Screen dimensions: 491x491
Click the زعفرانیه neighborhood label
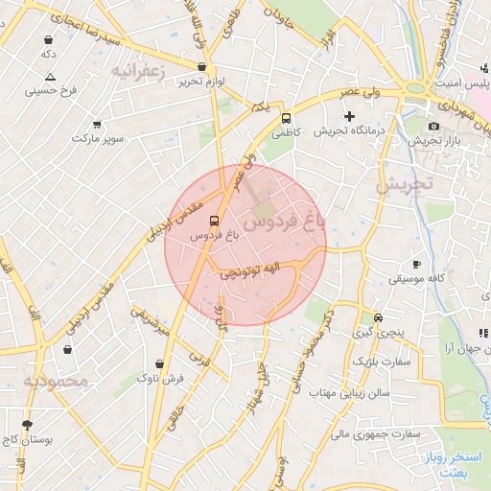point(139,71)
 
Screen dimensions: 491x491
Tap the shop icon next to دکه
point(48,40)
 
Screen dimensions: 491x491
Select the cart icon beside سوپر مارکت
point(97,125)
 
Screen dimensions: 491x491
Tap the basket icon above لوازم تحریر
point(201,67)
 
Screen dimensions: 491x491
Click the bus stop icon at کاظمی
point(286,118)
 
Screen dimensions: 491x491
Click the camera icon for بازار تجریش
point(433,127)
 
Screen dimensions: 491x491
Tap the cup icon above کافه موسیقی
point(416,264)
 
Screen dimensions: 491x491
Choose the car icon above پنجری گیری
point(379,317)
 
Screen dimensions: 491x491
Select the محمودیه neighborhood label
point(56,382)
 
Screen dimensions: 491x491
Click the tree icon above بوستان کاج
point(27,424)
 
